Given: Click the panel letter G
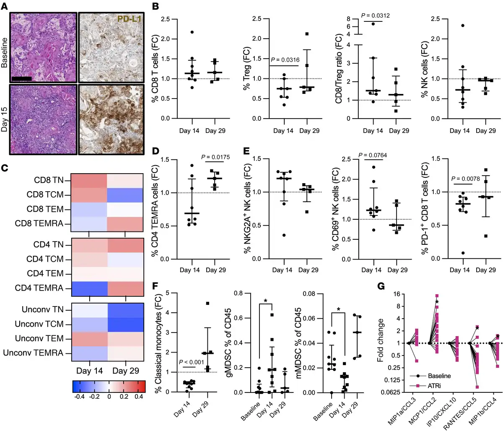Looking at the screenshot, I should pos(381,286).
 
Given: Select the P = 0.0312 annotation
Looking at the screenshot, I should pos(376,16).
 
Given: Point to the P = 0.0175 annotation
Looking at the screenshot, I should pos(216,157).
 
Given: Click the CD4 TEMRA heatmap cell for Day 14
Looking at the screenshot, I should pos(89,288).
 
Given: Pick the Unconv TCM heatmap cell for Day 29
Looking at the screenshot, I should pos(127,324).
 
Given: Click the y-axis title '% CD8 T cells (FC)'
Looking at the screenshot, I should pos(155,69).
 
